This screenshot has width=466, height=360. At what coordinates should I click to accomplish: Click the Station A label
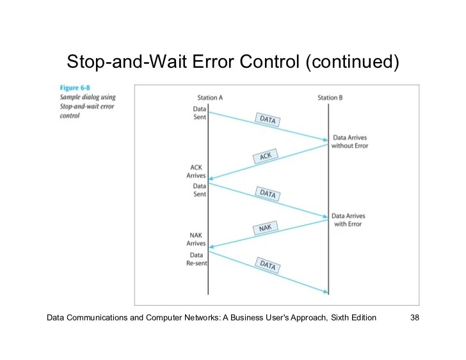[x=210, y=98]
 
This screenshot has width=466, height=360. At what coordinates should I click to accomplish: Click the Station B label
[x=330, y=98]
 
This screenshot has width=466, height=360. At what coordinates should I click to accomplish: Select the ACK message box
[x=266, y=156]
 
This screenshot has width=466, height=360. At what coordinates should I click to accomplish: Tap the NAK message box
[x=265, y=229]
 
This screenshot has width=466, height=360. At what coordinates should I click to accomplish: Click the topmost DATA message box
[x=268, y=120]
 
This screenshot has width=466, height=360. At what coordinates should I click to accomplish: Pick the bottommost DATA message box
[x=268, y=264]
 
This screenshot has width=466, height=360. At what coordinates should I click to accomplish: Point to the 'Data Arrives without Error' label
[x=349, y=142]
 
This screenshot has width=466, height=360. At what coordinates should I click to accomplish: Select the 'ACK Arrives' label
[x=196, y=171]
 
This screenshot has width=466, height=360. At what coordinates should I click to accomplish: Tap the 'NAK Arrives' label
[x=196, y=239]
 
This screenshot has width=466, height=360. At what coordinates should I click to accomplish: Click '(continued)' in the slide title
[x=351, y=62]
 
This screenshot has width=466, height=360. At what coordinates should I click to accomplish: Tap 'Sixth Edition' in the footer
[x=352, y=318]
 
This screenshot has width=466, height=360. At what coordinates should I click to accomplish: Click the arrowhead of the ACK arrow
[x=211, y=180]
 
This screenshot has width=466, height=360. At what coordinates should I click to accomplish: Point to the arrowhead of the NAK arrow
[x=211, y=247]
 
